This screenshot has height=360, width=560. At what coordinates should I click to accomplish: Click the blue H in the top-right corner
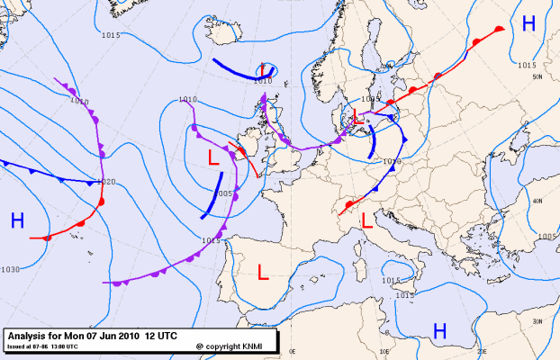click(528, 24)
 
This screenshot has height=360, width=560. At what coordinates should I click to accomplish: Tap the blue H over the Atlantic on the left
click(17, 220)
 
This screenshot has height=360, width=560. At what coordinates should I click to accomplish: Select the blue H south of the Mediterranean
click(439, 331)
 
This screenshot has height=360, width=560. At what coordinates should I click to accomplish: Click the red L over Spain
click(262, 271)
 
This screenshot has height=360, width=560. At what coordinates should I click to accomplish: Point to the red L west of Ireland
click(213, 157)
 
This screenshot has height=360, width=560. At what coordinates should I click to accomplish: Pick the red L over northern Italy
click(367, 219)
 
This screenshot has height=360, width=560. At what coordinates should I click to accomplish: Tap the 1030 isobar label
click(10, 270)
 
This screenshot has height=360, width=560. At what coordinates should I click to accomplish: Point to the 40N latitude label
click(537, 201)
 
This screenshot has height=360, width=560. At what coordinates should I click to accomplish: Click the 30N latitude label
click(537, 321)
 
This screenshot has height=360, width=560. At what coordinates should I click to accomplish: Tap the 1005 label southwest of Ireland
click(225, 193)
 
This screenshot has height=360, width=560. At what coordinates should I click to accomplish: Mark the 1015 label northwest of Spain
click(212, 240)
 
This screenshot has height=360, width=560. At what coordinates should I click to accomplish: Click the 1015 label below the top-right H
click(528, 65)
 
